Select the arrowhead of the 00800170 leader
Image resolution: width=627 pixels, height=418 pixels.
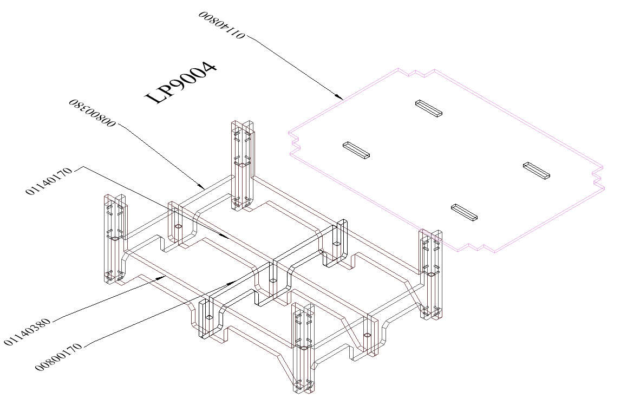click(235, 281)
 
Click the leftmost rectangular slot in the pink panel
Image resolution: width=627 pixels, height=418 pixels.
click(356, 151)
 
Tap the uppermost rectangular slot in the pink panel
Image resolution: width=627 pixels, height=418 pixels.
click(428, 108)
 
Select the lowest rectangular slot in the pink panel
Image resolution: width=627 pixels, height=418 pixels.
click(465, 212)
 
